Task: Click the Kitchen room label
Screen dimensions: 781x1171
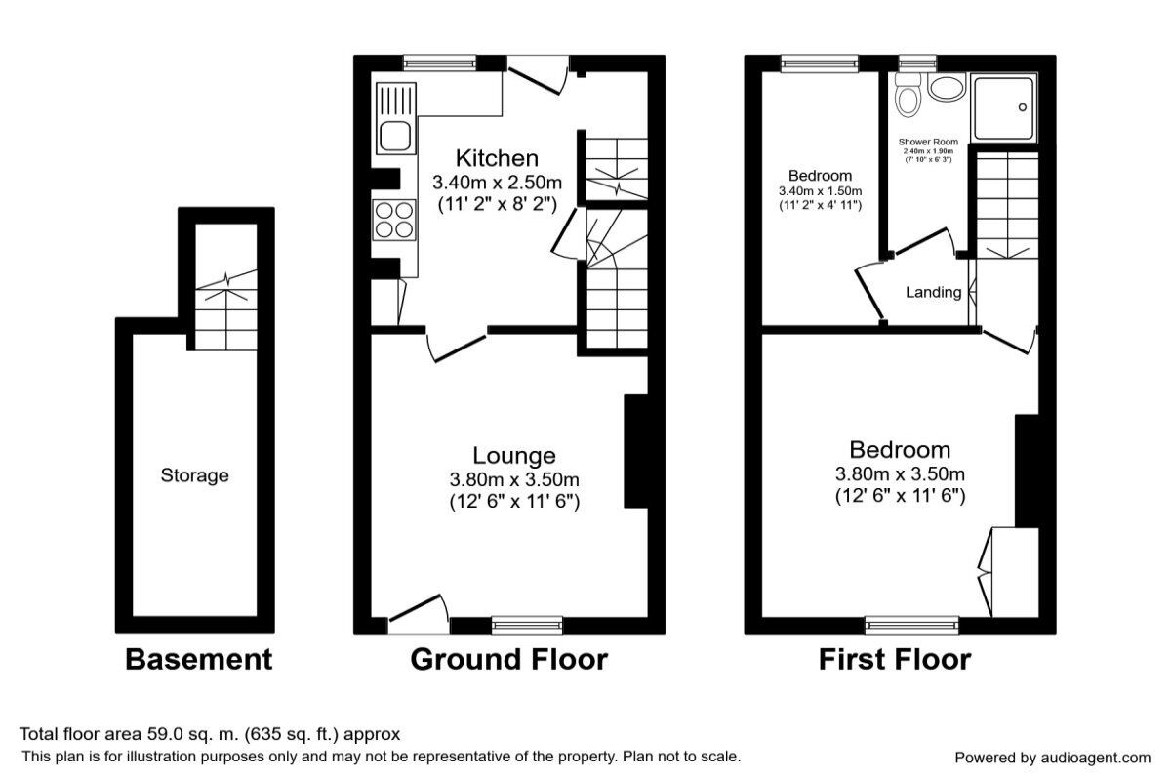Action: [497, 158]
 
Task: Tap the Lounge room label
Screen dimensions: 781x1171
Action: [514, 455]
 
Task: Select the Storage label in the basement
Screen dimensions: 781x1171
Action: [195, 475]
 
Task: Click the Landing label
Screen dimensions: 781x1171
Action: [933, 292]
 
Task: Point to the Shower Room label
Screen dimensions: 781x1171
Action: [928, 142]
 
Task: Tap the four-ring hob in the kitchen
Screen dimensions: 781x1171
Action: [393, 220]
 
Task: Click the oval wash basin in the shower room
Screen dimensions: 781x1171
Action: [945, 89]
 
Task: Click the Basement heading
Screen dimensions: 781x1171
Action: [198, 660]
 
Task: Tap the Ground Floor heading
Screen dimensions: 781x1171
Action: [508, 660]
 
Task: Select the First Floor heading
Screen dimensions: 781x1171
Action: [894, 660]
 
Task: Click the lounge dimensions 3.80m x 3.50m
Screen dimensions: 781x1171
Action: [514, 479]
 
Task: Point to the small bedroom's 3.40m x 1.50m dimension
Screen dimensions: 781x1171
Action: [820, 191]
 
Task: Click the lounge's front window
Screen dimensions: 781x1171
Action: [527, 625]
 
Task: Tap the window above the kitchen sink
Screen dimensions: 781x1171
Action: [434, 63]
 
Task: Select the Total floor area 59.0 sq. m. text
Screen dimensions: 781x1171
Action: [210, 734]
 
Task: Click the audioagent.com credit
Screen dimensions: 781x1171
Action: [1052, 758]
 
